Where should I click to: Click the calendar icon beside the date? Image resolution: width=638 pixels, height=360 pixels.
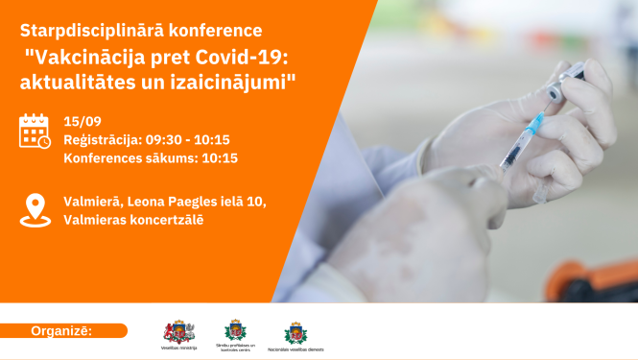tap(35, 132)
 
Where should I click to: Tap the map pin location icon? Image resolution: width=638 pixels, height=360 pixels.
tap(35, 209)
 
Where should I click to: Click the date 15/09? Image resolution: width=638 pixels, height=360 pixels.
tap(82, 122)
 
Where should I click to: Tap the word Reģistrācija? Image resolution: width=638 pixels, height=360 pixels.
tap(102, 140)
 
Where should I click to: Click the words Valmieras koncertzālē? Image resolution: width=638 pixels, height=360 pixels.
tap(133, 220)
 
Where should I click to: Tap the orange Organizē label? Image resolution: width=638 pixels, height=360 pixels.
tap(63, 331)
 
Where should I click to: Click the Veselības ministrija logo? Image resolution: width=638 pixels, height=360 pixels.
tap(178, 332)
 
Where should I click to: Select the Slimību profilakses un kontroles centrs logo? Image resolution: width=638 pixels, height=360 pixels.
tap(235, 331)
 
